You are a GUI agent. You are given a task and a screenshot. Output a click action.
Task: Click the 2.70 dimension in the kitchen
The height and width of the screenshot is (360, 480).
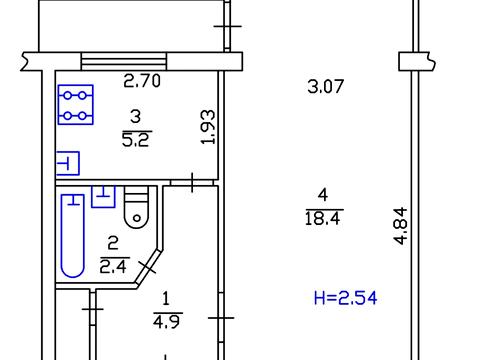(x=142, y=81)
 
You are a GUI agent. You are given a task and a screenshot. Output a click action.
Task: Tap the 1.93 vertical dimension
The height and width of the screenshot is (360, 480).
(x=209, y=127)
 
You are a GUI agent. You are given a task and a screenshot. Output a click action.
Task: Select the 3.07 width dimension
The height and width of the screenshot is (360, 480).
(x=325, y=86)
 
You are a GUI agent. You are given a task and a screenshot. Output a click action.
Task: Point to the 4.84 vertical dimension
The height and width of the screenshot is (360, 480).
(x=400, y=226)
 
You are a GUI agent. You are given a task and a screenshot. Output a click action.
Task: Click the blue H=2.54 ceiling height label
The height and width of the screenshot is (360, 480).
(x=345, y=298)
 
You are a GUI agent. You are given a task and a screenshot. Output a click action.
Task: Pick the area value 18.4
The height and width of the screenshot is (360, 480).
(x=323, y=219)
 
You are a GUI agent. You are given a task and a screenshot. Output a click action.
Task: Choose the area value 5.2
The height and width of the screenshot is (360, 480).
(x=137, y=140)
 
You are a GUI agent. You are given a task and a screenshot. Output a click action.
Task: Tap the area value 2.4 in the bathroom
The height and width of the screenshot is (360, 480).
(x=113, y=267)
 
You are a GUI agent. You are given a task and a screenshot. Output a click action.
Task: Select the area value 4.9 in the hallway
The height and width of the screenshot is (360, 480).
(x=167, y=322)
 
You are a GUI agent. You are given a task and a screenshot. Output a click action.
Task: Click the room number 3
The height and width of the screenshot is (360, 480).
(x=136, y=117)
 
